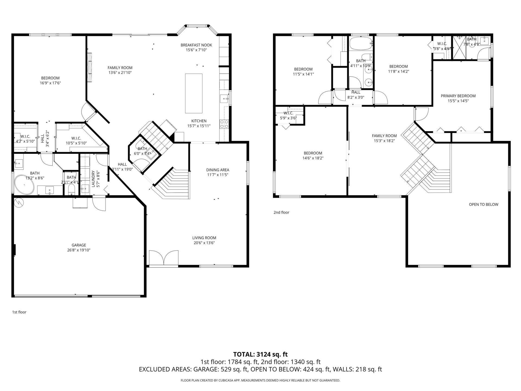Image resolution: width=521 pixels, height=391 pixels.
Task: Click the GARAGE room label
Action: [x=79, y=245]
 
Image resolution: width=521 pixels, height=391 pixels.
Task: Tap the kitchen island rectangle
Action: [x=193, y=93]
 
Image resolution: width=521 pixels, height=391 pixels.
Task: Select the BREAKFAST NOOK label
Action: [x=196, y=45]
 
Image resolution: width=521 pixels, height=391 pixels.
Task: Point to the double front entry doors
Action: [x=164, y=258]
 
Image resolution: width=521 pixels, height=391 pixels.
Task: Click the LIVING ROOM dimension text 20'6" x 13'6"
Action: [x=204, y=243]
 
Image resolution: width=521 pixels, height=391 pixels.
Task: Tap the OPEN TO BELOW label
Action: [x=483, y=204]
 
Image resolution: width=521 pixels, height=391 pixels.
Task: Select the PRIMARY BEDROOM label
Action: [x=458, y=96]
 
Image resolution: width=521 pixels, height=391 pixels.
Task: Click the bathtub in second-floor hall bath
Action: [x=360, y=44]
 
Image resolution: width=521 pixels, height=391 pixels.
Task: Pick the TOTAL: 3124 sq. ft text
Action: [x=260, y=354]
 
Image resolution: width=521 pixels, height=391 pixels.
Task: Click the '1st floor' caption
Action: [x=19, y=312]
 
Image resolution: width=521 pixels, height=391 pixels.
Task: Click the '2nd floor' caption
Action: [x=281, y=212]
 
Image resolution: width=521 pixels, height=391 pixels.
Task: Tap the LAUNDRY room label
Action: [x=93, y=179]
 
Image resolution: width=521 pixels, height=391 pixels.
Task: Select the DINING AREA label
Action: [x=218, y=170]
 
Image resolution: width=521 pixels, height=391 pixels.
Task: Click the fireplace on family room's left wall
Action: [x=89, y=67]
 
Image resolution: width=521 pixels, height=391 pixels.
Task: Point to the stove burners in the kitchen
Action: [x=224, y=124]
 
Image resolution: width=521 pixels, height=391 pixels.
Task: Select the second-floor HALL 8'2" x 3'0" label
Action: [x=356, y=92]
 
